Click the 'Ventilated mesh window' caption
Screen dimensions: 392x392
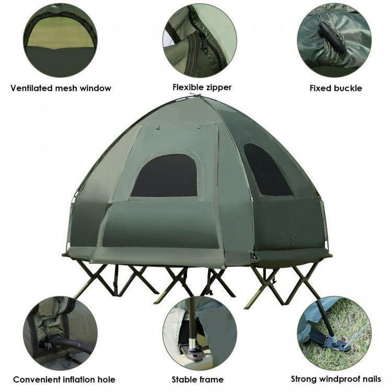point(61,88)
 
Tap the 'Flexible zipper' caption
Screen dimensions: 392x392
point(202,87)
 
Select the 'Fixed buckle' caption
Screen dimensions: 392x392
point(336,88)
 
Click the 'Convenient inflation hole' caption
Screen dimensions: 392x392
point(64,379)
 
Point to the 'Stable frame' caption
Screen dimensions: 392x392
point(198,379)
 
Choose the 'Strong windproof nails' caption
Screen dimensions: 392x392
point(336,379)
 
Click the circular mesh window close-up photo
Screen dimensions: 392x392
point(60,40)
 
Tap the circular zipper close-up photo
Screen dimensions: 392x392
point(200,40)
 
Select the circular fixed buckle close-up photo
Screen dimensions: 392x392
point(335,40)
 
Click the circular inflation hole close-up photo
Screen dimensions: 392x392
point(60,333)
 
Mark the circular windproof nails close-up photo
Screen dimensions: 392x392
point(335,333)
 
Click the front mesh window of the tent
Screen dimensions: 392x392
point(165,176)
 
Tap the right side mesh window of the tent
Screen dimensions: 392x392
point(267,170)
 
